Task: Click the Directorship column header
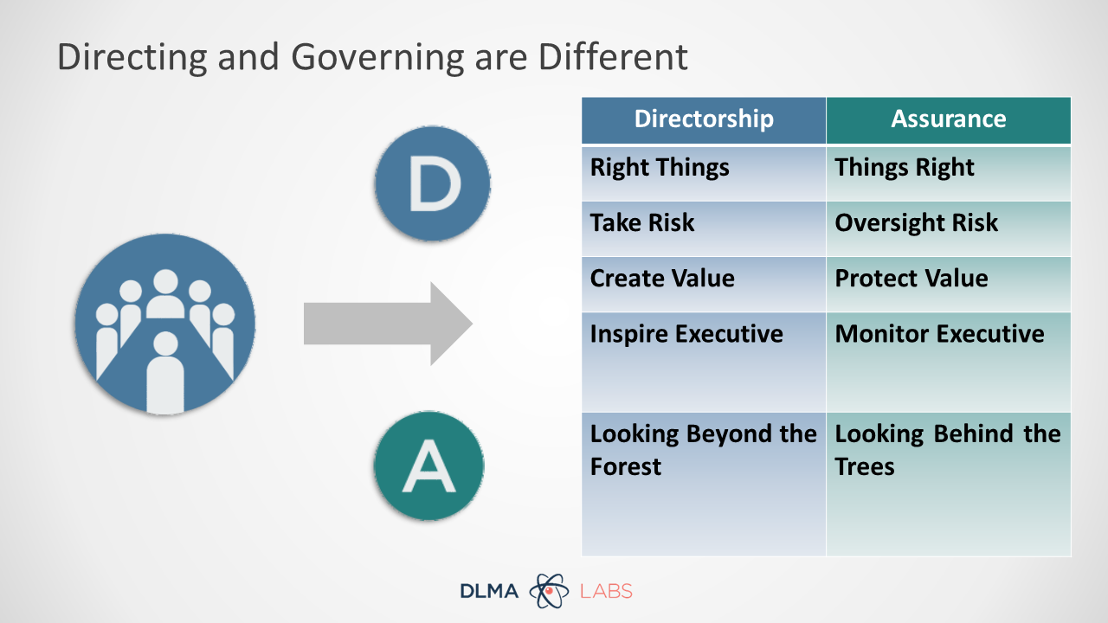[x=704, y=120]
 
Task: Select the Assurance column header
[x=949, y=120]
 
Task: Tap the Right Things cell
[x=704, y=174]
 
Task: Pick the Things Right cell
[x=949, y=174]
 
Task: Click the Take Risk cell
[x=704, y=229]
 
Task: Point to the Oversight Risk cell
[x=949, y=229]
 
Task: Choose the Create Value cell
[x=704, y=285]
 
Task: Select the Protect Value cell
[x=949, y=285]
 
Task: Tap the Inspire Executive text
[x=686, y=334]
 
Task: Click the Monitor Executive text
[x=939, y=334]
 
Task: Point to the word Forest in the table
[x=626, y=466]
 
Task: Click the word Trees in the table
[x=865, y=466]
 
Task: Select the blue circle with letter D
[x=433, y=183]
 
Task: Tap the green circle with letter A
[x=428, y=466]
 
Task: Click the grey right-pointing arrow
[x=389, y=324]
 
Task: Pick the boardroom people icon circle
[x=165, y=324]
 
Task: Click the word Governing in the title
[x=377, y=58]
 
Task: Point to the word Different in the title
[x=613, y=57]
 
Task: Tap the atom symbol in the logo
[x=549, y=590]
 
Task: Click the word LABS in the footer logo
[x=606, y=591]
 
